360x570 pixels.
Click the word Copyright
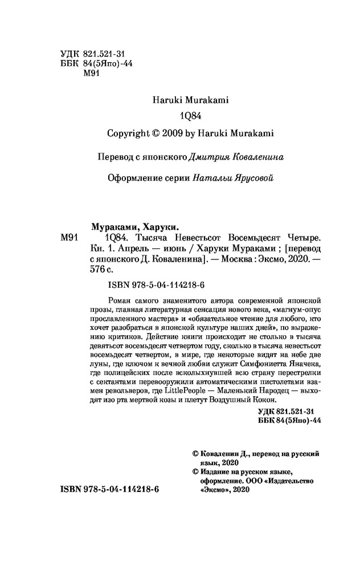point(128,133)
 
